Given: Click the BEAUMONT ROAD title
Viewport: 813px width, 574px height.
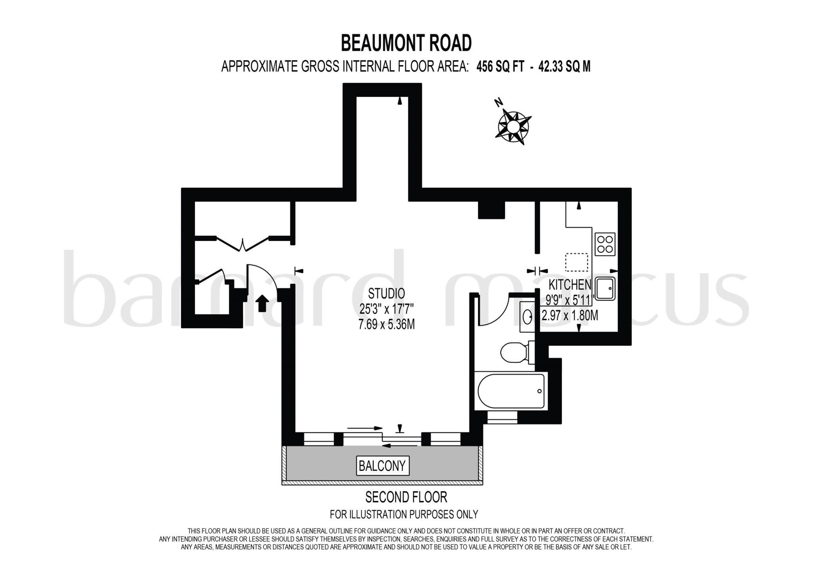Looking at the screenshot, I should click(x=406, y=43).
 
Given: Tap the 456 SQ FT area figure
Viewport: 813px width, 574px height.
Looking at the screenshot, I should click(x=500, y=67).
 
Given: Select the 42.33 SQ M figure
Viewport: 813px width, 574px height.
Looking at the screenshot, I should click(x=564, y=67).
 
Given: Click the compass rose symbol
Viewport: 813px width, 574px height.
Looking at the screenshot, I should click(x=513, y=126).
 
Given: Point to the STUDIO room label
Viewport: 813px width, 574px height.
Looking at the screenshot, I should click(x=386, y=293).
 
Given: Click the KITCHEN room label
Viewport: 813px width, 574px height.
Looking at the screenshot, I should click(x=570, y=284).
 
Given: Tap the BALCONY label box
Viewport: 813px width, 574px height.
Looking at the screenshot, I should click(x=382, y=465).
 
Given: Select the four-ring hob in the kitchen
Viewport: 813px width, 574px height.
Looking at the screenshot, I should click(x=605, y=244).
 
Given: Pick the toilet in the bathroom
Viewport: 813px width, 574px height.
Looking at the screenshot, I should click(x=515, y=352).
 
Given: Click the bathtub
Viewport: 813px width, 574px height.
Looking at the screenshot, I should click(x=511, y=391).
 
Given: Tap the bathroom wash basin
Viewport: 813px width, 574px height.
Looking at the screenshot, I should click(x=528, y=317).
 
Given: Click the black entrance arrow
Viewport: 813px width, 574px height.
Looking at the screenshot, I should click(x=262, y=303).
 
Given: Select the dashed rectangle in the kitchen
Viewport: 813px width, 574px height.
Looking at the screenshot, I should click(x=576, y=262).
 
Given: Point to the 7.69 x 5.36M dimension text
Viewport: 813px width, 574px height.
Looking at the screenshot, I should click(x=386, y=325).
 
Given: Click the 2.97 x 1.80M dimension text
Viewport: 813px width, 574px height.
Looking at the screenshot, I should click(x=570, y=316).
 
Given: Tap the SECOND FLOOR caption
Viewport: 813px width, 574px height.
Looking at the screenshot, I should click(x=406, y=497).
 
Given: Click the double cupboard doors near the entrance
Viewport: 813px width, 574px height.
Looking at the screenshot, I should click(x=243, y=243).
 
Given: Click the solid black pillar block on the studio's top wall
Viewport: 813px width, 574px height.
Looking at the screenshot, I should click(x=491, y=210).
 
